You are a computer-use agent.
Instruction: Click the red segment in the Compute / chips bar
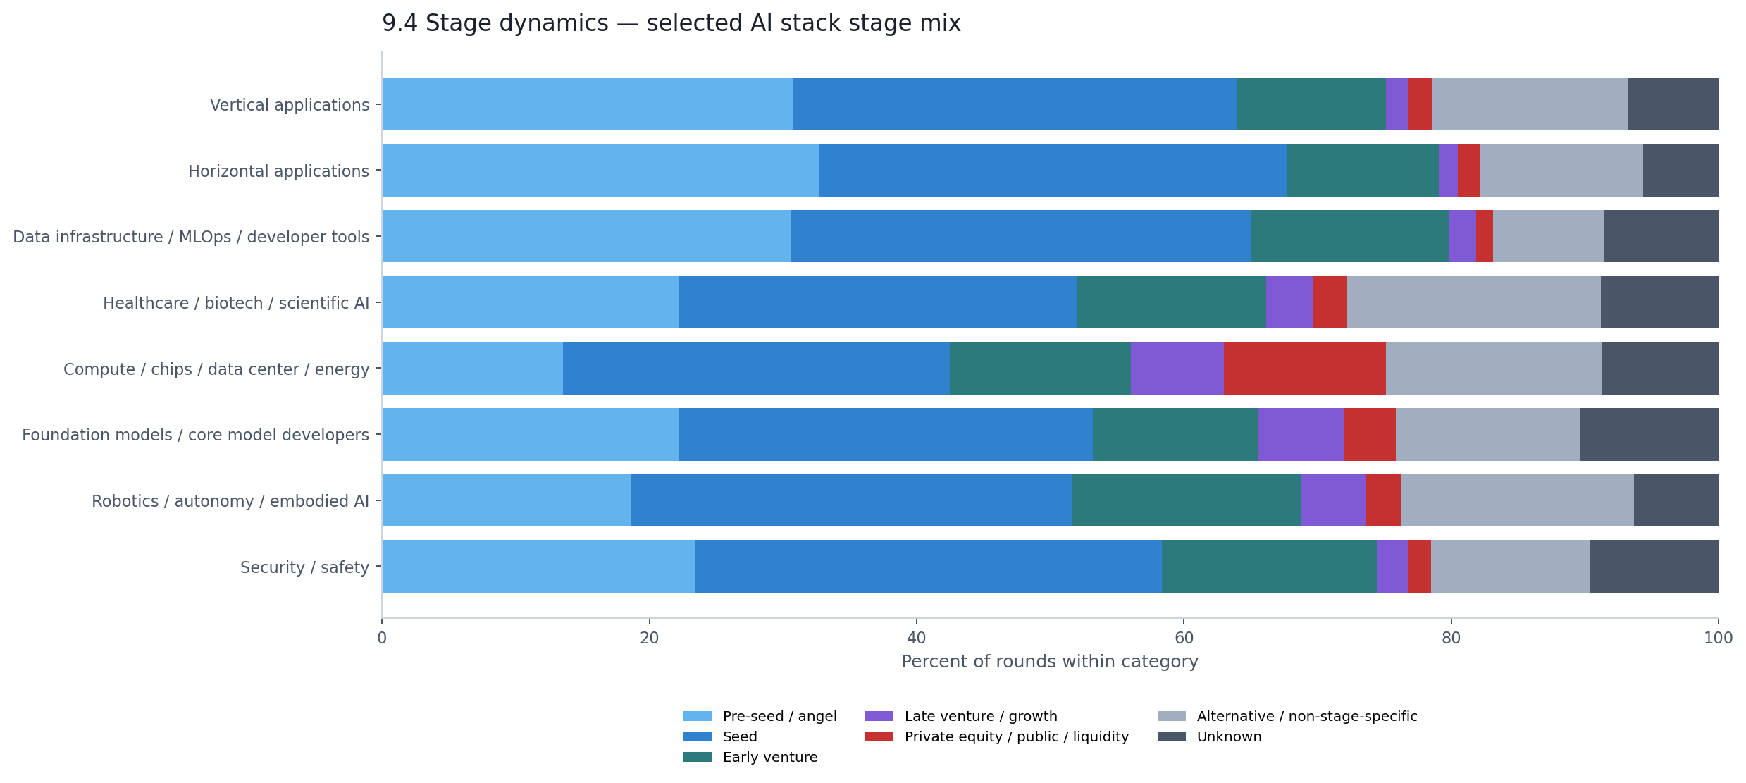pyautogui.click(x=1304, y=368)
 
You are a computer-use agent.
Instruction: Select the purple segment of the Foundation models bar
pyautogui.click(x=1300, y=434)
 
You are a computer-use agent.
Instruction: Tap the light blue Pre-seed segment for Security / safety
pyautogui.click(x=538, y=566)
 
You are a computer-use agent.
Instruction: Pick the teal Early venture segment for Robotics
pyautogui.click(x=1185, y=500)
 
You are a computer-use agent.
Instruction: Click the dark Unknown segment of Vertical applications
pyautogui.click(x=1672, y=104)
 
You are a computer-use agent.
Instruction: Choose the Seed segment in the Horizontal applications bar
pyautogui.click(x=1053, y=170)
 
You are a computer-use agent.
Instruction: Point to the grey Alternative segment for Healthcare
pyautogui.click(x=1473, y=302)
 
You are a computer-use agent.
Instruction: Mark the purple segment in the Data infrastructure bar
pyautogui.click(x=1462, y=236)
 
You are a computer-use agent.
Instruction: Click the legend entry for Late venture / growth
pyautogui.click(x=980, y=716)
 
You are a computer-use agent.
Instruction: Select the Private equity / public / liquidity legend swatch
pyautogui.click(x=879, y=736)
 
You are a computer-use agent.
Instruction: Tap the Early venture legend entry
pyautogui.click(x=769, y=757)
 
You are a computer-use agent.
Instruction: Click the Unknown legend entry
pyautogui.click(x=1229, y=736)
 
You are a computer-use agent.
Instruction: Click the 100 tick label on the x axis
pyautogui.click(x=1718, y=638)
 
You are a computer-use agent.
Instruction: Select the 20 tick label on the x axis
pyautogui.click(x=649, y=638)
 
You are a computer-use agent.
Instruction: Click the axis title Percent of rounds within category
pyautogui.click(x=1049, y=661)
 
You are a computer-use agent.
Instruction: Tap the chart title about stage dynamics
pyautogui.click(x=671, y=23)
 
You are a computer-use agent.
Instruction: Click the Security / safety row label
pyautogui.click(x=304, y=567)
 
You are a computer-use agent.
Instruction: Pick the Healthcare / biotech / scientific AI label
pyautogui.click(x=236, y=302)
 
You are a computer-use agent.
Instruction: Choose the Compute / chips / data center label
pyautogui.click(x=216, y=369)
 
